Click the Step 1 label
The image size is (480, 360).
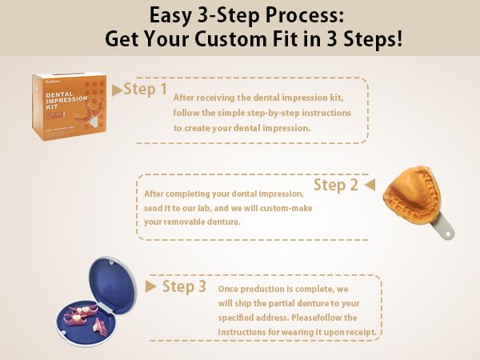pos(146,90)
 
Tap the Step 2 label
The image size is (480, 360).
pos(336,186)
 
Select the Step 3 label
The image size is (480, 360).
pos(184,286)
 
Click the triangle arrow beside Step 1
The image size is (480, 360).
pos(118,90)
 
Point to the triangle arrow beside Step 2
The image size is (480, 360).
pos(370,185)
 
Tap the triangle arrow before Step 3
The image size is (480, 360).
pos(151,286)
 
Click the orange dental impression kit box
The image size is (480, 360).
pos(70,106)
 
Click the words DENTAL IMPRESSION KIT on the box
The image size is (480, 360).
pos(66,100)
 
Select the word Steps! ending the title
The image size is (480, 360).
pos(373,40)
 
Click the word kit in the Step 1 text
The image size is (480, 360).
pos(336,98)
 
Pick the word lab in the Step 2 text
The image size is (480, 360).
pos(203,208)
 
